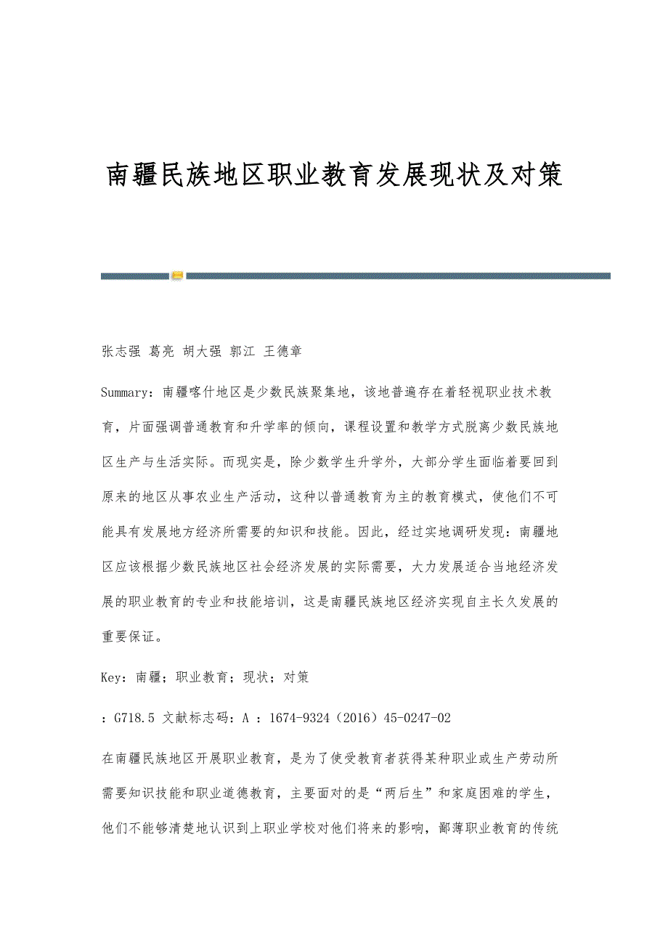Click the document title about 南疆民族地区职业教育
coord(335,175)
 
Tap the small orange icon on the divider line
coord(177,275)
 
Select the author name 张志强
coord(121,352)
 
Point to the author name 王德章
coord(282,352)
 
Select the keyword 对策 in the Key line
coord(296,677)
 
